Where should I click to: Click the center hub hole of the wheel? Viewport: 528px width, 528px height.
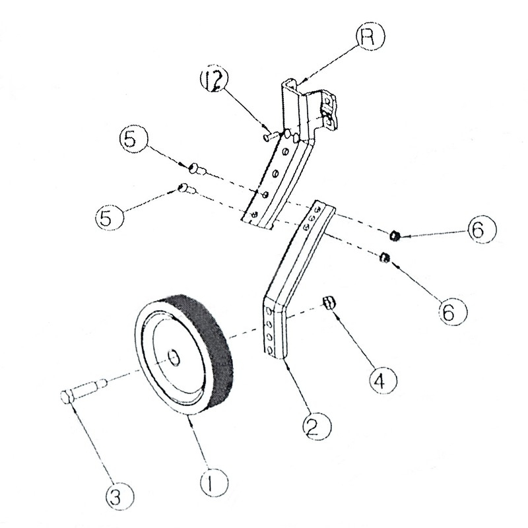(174, 358)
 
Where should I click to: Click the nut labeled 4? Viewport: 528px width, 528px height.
(329, 303)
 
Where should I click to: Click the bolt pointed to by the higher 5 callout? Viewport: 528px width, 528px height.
(196, 167)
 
